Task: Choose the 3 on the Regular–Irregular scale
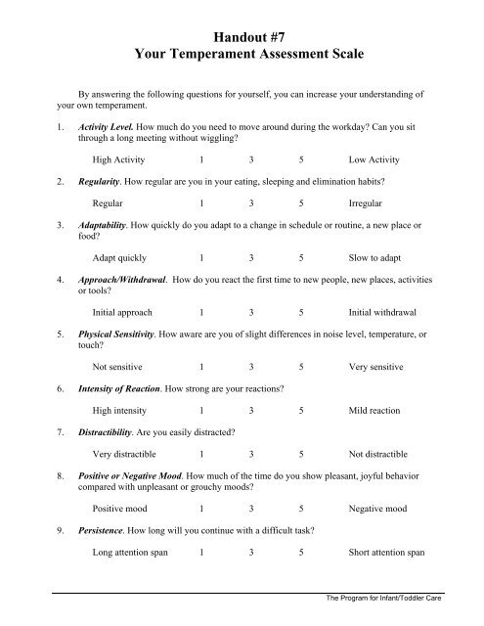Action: pos(252,204)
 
